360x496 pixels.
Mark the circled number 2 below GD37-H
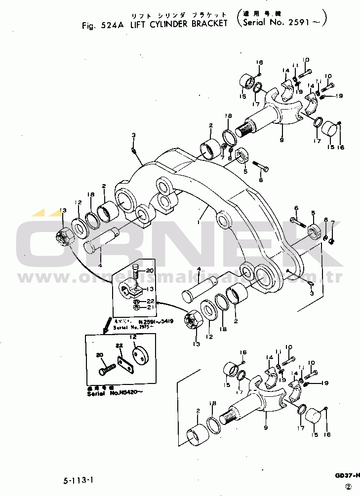pyautogui.click(x=348, y=486)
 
